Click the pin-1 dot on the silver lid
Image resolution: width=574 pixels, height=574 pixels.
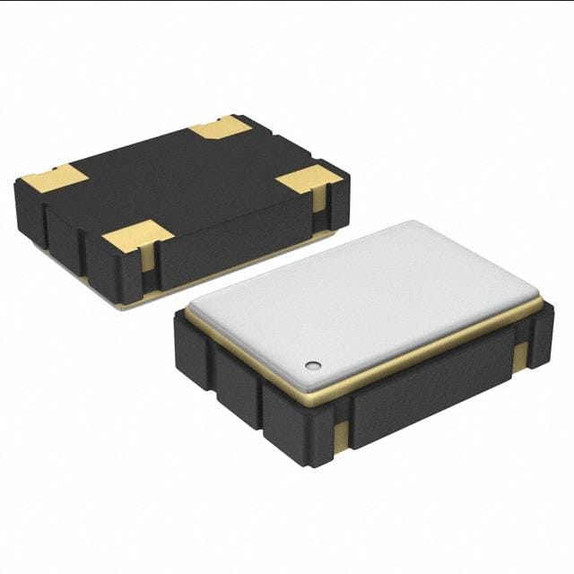pos(312,365)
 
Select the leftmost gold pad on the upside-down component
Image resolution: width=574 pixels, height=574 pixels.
pos(55,177)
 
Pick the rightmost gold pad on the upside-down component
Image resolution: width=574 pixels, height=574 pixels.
pos(309,179)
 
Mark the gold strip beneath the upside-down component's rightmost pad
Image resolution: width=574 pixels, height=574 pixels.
pos(319,201)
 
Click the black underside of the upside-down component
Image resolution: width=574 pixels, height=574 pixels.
pos(179,179)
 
